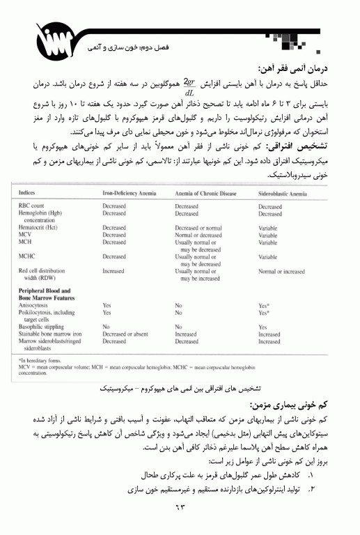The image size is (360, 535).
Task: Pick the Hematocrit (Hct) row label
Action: tap(40, 228)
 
